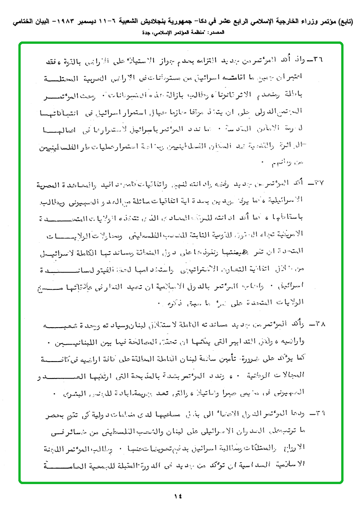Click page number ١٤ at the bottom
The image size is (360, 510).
(x=180, y=495)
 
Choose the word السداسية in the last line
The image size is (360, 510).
(x=263, y=464)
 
